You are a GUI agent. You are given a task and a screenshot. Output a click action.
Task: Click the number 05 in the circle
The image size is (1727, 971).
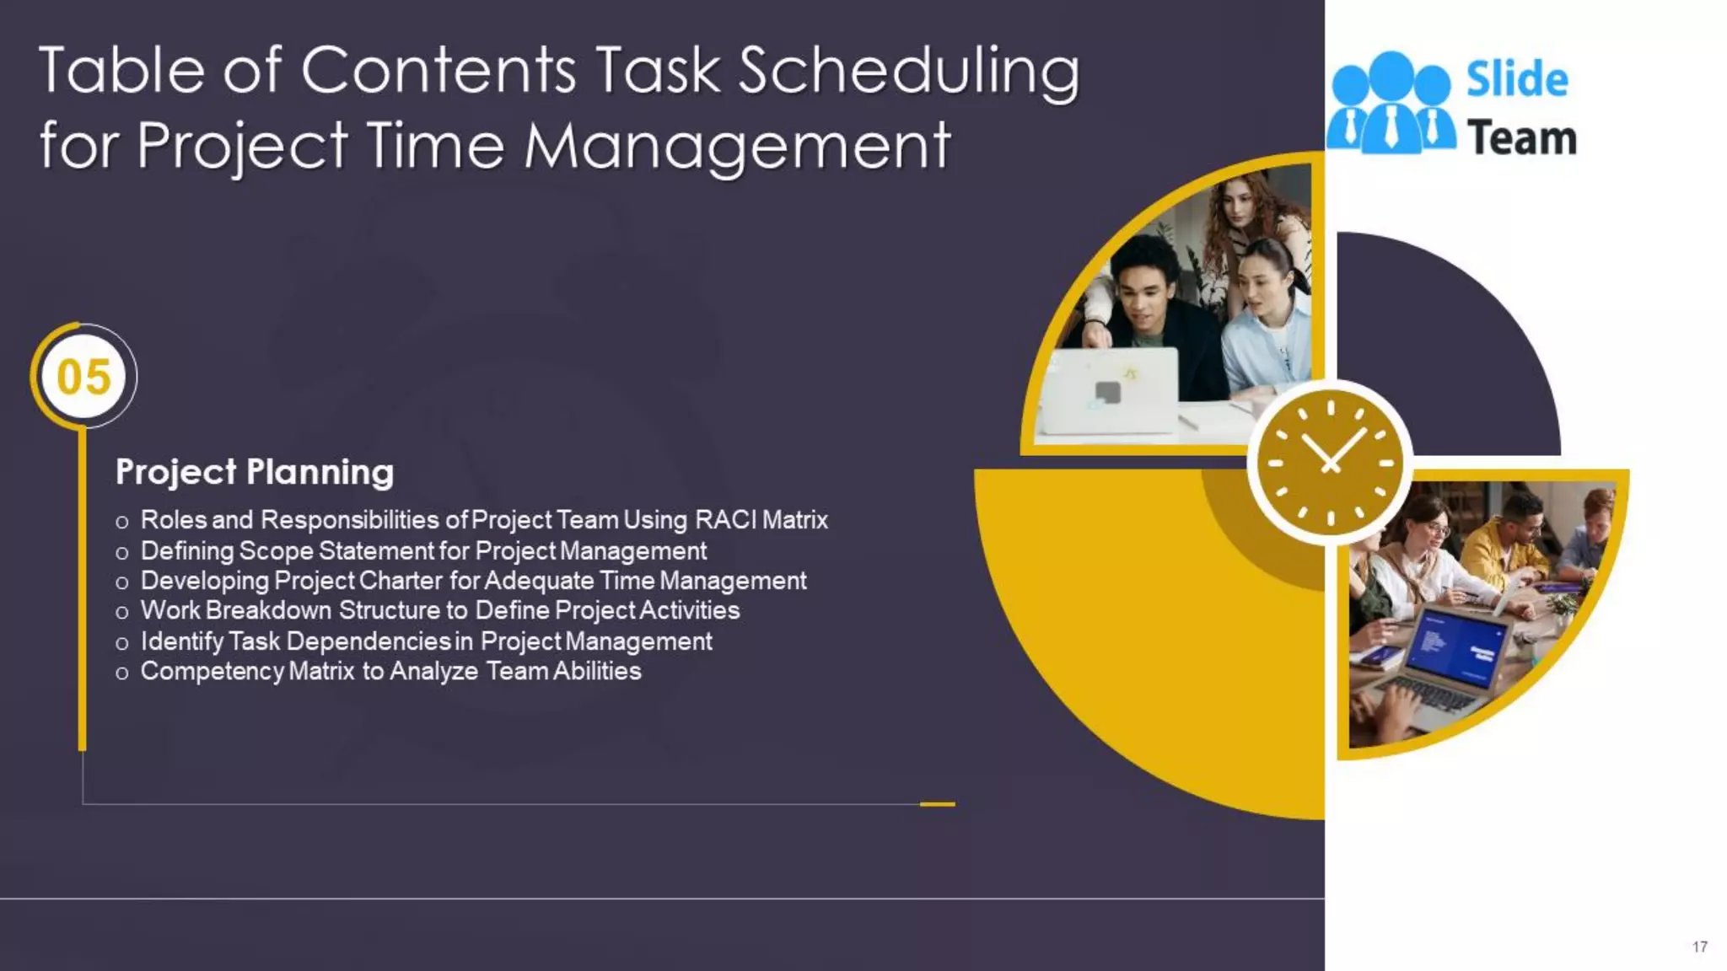[83, 376]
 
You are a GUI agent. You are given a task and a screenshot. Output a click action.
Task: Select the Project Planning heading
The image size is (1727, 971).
[254, 472]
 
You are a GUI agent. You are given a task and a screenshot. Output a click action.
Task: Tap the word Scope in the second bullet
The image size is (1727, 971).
[275, 551]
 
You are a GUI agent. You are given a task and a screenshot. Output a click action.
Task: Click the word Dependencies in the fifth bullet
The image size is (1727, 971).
[369, 641]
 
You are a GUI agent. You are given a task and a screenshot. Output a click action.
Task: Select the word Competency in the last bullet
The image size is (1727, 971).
[212, 672]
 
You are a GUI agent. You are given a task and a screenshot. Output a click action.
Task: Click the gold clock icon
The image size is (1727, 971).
[1330, 463]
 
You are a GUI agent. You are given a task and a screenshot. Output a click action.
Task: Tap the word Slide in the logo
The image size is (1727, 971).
[1517, 80]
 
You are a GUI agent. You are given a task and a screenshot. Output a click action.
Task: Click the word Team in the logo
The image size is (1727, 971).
[1521, 138]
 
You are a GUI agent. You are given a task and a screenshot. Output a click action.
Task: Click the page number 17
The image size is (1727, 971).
[1699, 947]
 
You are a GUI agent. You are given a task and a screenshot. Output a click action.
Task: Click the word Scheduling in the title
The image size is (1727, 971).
[908, 72]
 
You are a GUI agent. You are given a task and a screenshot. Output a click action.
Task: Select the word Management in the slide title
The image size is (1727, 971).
[737, 146]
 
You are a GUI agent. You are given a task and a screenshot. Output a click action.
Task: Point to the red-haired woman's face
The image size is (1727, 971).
[1238, 206]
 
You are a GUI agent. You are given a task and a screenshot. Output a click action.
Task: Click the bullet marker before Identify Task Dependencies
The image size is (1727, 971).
[122, 643]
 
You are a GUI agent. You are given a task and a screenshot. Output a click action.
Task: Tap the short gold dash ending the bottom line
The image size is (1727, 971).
[937, 804]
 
